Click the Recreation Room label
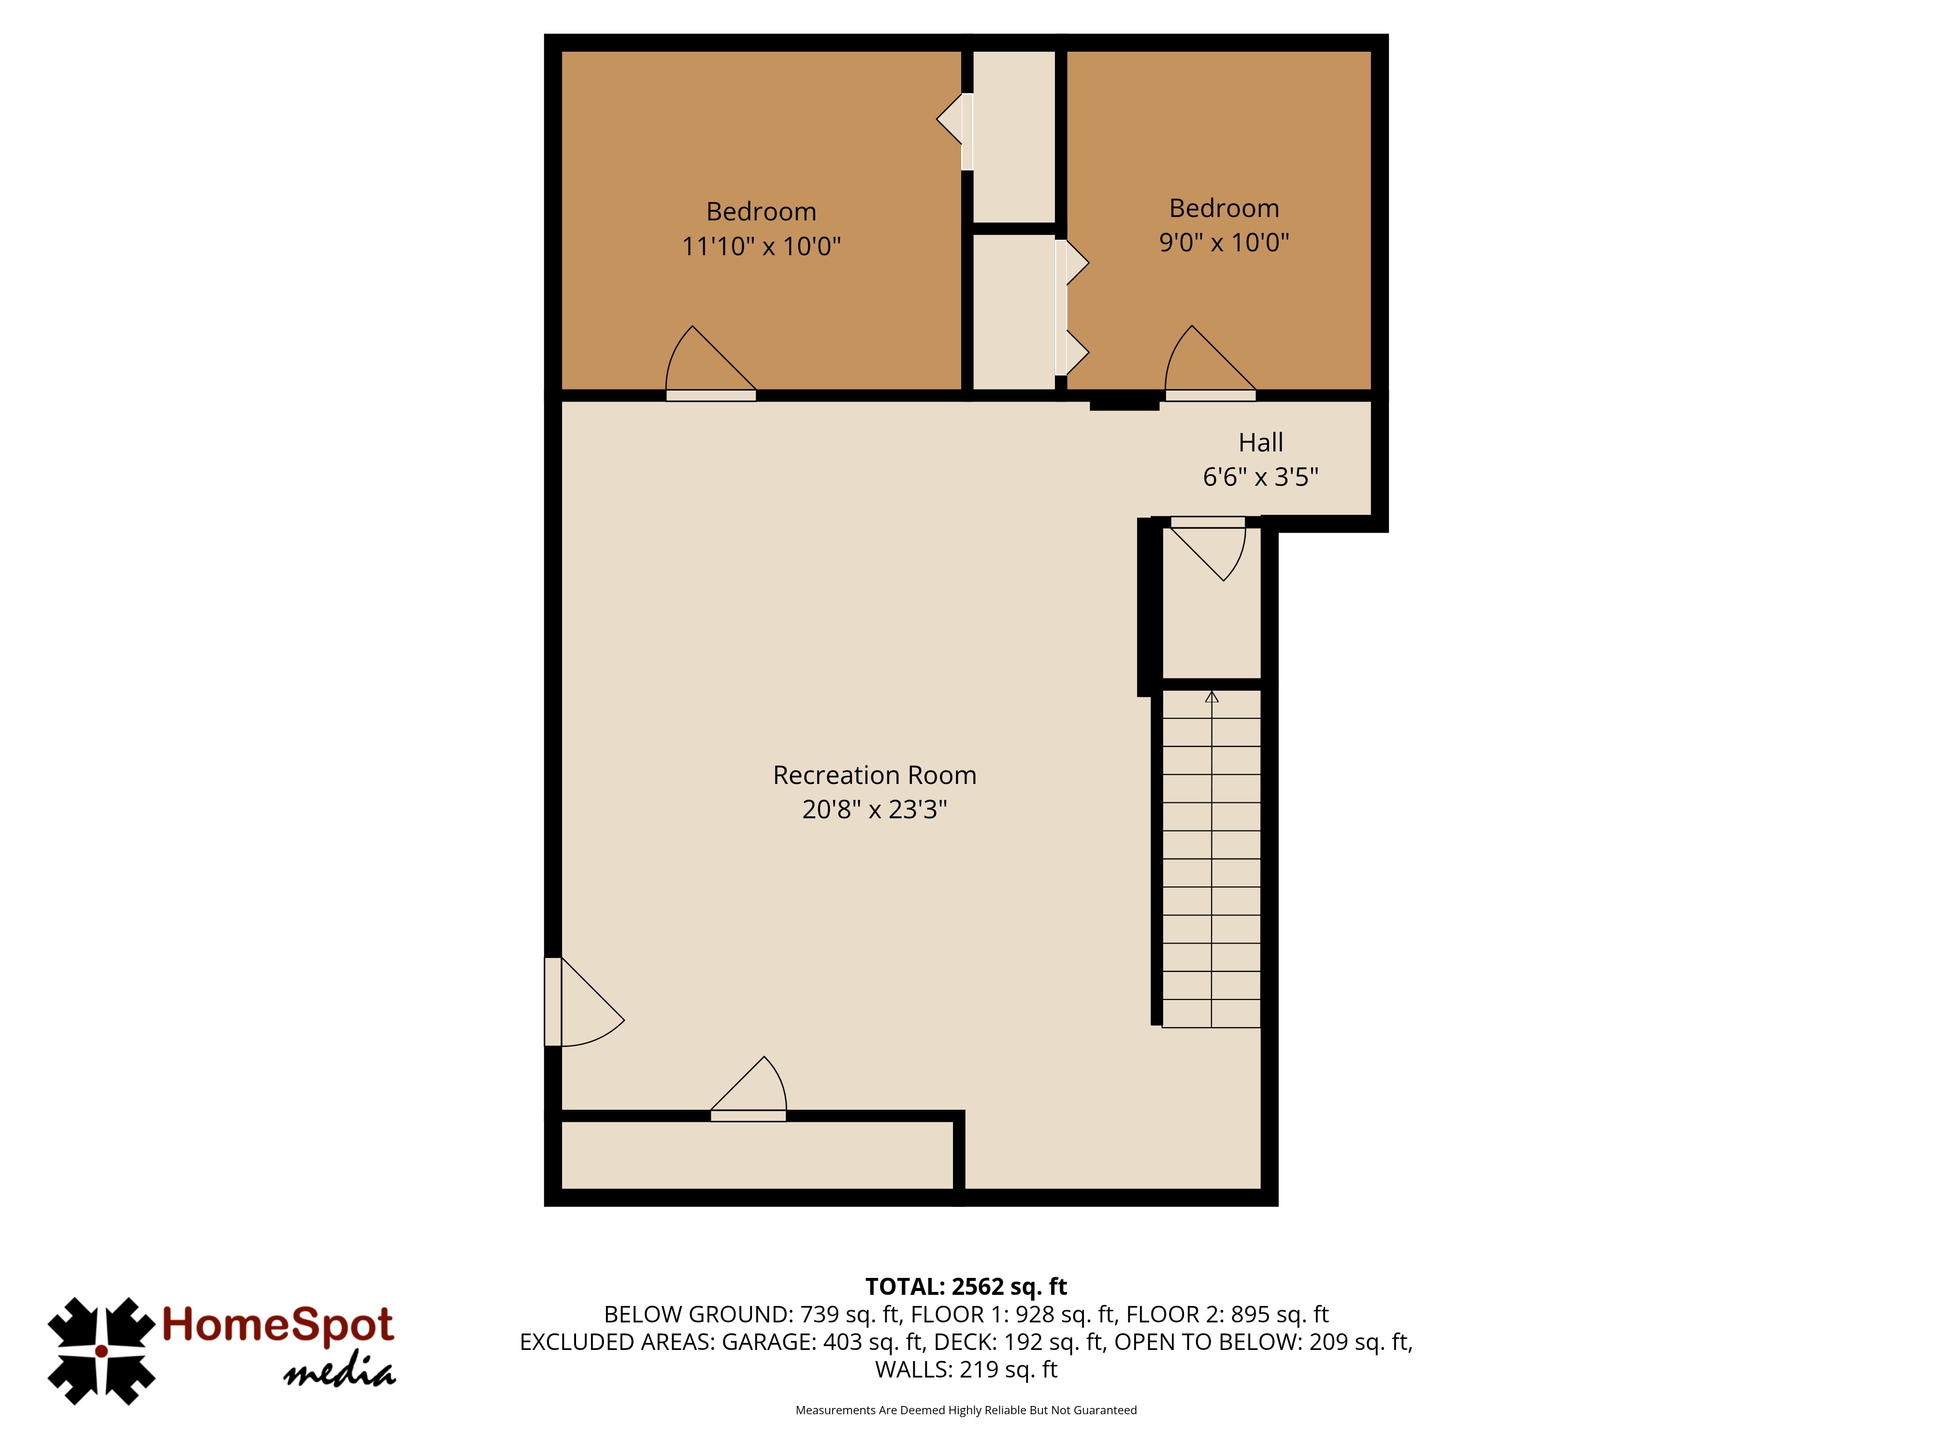pos(875,775)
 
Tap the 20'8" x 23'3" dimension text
pos(875,810)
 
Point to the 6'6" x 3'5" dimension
pos(1261,477)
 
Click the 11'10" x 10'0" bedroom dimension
pos(761,246)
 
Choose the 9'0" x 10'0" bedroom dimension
pos(1224,242)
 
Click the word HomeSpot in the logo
pos(278,1324)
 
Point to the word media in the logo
pos(340,1373)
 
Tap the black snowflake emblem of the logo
pos(101,1351)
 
